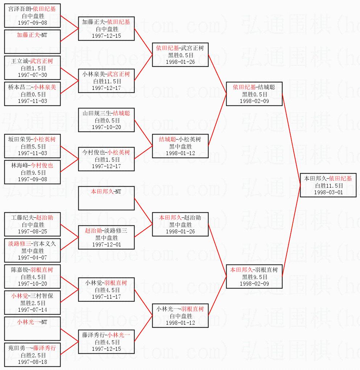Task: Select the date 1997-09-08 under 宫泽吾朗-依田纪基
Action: (32, 22)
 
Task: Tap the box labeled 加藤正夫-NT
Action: (32, 42)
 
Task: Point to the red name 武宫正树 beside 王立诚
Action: (41, 61)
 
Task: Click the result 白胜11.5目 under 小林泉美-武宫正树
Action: (107, 82)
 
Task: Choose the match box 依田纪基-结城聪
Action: (254, 94)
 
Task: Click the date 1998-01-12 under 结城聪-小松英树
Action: (180, 153)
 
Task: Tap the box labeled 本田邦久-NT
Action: (107, 198)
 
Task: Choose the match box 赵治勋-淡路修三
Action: (107, 237)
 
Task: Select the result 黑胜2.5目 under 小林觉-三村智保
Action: (32, 303)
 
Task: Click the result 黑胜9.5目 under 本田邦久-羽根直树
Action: (254, 277)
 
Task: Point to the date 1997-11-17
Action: (107, 296)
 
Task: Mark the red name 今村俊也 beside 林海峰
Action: (41, 165)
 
